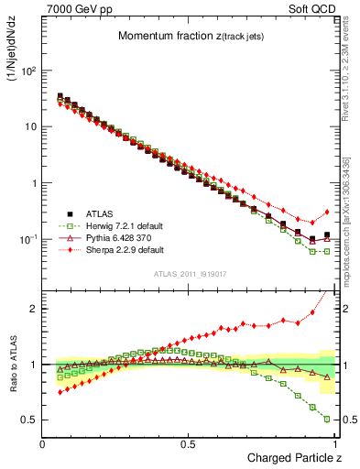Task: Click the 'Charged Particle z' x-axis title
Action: [x=292, y=457]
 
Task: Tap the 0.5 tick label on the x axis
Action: [x=188, y=444]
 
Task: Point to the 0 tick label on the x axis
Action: [x=43, y=444]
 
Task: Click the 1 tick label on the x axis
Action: [x=333, y=444]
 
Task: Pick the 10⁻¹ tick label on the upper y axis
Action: [x=29, y=239]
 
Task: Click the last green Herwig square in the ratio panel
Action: [x=327, y=419]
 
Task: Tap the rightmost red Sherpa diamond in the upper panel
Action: [x=327, y=212]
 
